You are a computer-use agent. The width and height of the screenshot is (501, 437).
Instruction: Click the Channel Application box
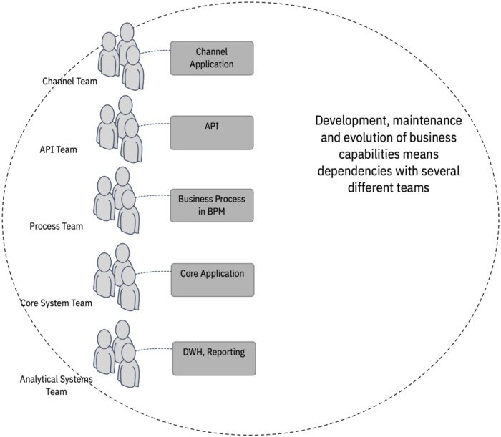tap(211, 58)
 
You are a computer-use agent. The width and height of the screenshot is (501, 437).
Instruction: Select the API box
tap(211, 133)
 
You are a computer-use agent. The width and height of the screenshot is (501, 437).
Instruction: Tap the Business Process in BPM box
tap(211, 205)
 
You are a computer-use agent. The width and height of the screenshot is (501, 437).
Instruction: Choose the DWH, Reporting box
tap(213, 358)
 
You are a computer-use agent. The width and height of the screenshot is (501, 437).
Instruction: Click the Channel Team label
tap(69, 81)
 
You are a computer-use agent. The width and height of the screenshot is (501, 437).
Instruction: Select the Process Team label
tap(57, 227)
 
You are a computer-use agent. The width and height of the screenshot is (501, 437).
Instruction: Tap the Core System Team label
tap(57, 303)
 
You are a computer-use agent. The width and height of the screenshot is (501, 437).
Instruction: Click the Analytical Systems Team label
tap(57, 385)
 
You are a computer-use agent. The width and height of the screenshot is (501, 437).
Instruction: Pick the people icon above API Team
tap(119, 128)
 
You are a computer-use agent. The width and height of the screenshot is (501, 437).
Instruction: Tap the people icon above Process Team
tap(117, 200)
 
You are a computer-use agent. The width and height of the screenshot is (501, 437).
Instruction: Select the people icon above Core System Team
tap(117, 277)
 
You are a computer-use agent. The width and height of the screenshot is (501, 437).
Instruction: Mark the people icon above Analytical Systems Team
tap(117, 353)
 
